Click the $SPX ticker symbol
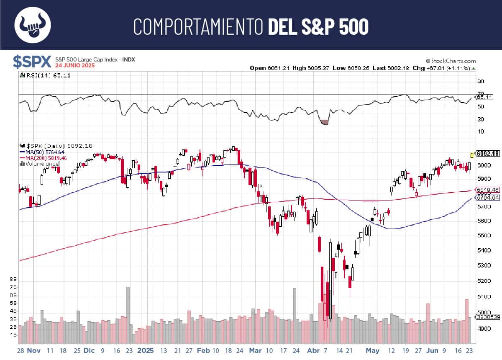(31, 62)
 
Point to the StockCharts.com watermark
(451, 61)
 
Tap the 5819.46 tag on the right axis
(487, 190)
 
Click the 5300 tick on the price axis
(482, 265)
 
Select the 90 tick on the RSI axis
(481, 81)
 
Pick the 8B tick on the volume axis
(13, 279)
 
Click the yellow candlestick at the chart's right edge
(473, 154)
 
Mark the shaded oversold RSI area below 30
(324, 122)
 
